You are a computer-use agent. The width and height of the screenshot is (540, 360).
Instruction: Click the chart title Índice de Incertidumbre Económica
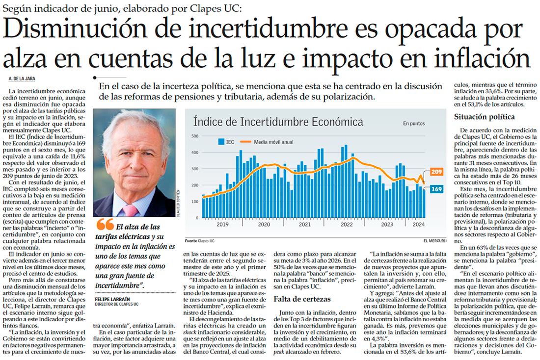click(278, 122)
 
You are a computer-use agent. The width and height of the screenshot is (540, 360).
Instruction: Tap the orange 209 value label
click(436, 172)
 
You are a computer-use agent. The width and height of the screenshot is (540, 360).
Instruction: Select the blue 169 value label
click(436, 189)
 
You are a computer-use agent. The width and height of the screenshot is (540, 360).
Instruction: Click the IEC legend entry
click(226, 142)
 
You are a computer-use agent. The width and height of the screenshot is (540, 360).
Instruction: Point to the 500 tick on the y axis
click(194, 136)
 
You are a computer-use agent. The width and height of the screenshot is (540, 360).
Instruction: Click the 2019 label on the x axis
click(223, 225)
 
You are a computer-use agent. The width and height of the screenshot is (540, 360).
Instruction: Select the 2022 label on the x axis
click(347, 225)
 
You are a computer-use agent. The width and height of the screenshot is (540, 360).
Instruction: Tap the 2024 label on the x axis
click(418, 225)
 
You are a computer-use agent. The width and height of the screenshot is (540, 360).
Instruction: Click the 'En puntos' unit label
click(414, 124)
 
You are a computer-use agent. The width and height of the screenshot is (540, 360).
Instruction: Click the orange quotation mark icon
click(105, 225)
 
